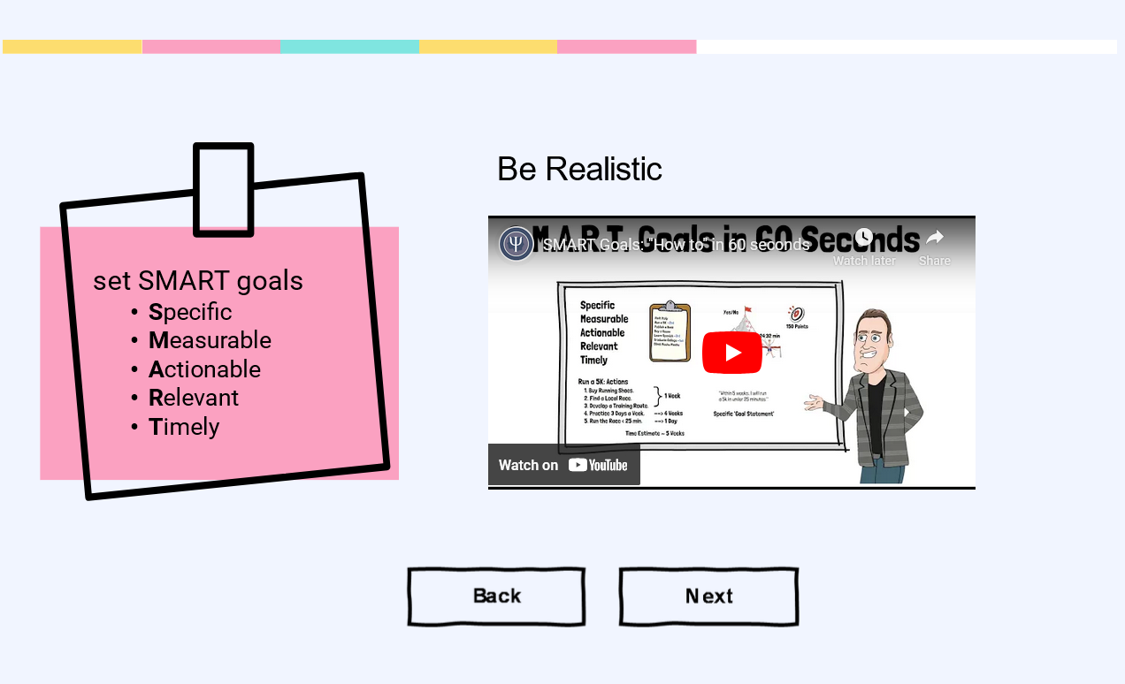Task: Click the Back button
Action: point(496,597)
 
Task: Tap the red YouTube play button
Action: point(732,353)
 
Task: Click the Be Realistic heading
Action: point(579,169)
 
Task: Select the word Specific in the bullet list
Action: point(190,312)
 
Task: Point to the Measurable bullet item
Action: point(210,340)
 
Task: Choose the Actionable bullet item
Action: point(204,369)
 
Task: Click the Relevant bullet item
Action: point(194,398)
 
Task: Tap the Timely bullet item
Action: point(184,427)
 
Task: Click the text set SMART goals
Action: point(198,281)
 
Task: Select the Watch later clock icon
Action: point(864,238)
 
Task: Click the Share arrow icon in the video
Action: point(935,238)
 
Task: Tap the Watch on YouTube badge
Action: point(563,465)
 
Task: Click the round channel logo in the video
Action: point(516,244)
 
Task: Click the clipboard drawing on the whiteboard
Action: point(670,331)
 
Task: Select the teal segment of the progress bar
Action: point(349,47)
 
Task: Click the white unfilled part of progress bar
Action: point(907,47)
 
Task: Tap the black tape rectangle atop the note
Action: point(224,190)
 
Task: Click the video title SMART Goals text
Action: point(677,245)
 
